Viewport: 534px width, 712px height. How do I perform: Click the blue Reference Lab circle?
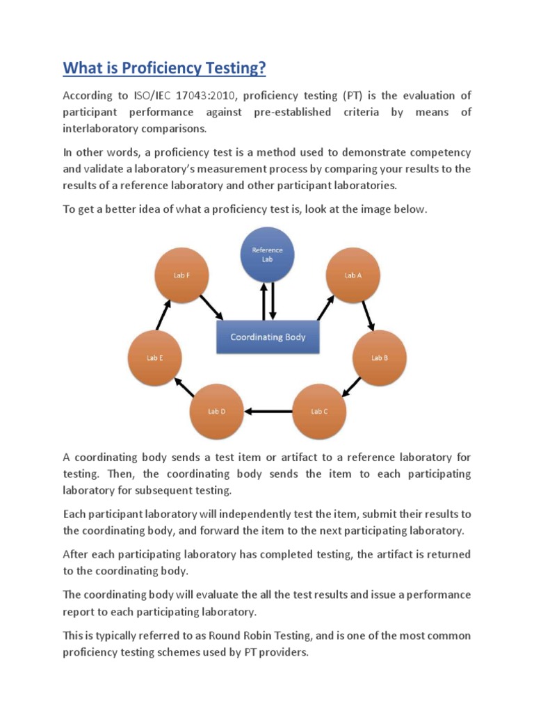(x=267, y=254)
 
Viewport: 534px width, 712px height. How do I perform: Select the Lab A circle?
(x=353, y=275)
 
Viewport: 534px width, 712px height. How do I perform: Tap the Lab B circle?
(x=379, y=357)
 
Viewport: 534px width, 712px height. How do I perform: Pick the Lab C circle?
(x=319, y=411)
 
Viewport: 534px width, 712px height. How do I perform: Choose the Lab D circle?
(x=216, y=411)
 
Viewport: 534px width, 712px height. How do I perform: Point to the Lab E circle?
(x=154, y=357)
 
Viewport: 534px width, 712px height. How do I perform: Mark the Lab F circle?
(x=181, y=275)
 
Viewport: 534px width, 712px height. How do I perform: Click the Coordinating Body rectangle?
(x=268, y=337)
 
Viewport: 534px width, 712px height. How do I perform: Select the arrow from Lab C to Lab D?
(x=268, y=411)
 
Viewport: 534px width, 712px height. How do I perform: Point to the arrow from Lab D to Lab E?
(x=184, y=387)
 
